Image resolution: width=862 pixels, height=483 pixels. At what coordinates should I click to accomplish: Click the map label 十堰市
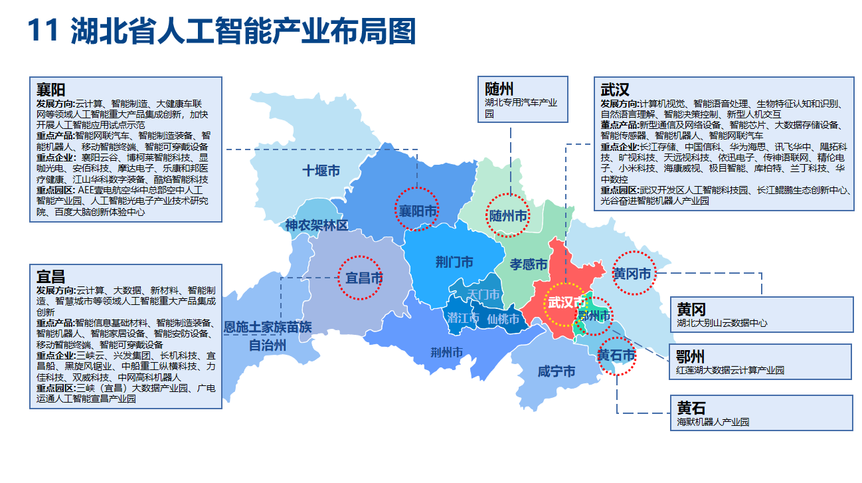click(321, 171)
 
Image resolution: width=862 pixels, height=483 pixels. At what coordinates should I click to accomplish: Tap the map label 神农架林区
click(316, 225)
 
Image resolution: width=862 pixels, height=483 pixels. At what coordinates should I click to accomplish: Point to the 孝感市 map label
click(529, 264)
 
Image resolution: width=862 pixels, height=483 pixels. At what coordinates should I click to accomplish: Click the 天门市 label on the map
click(483, 294)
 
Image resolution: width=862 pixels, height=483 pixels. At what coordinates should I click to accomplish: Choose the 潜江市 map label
click(463, 318)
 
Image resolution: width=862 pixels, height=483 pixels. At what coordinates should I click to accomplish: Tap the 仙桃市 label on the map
click(503, 319)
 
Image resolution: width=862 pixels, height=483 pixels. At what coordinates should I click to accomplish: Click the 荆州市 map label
click(446, 352)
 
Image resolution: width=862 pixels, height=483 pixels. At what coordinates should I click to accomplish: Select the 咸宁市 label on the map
click(556, 371)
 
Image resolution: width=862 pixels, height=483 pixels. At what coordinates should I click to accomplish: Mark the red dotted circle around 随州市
click(508, 215)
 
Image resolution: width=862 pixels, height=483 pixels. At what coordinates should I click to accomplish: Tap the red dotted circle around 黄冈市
click(633, 273)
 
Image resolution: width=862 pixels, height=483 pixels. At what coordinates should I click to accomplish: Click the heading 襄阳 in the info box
click(50, 90)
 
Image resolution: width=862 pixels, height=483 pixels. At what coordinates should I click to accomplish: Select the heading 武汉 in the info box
click(614, 90)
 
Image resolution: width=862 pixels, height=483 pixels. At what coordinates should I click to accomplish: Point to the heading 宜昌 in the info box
click(50, 276)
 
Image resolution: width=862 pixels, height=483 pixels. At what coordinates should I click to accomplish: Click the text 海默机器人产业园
click(713, 421)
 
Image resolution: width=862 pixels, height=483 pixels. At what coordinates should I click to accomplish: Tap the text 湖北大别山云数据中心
click(722, 323)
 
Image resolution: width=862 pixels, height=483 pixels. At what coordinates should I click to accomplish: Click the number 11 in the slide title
click(44, 31)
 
